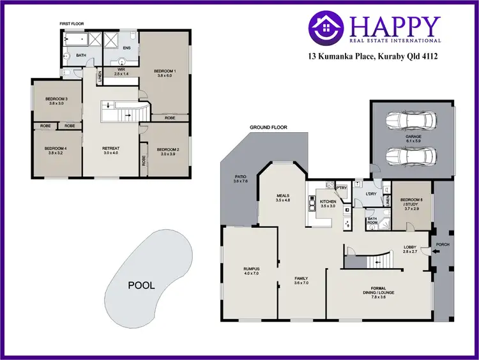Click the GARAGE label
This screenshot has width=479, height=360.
pyautogui.click(x=412, y=137)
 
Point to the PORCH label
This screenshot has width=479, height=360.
pyautogui.click(x=442, y=244)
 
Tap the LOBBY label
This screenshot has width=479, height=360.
pyautogui.click(x=409, y=247)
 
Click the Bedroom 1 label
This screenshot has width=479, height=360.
pyautogui.click(x=165, y=71)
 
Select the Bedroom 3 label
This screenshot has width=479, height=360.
pyautogui.click(x=56, y=99)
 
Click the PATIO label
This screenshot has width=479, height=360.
pyautogui.click(x=240, y=177)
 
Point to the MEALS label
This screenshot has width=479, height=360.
pyautogui.click(x=283, y=196)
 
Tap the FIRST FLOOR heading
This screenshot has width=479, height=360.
pyautogui.click(x=72, y=24)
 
